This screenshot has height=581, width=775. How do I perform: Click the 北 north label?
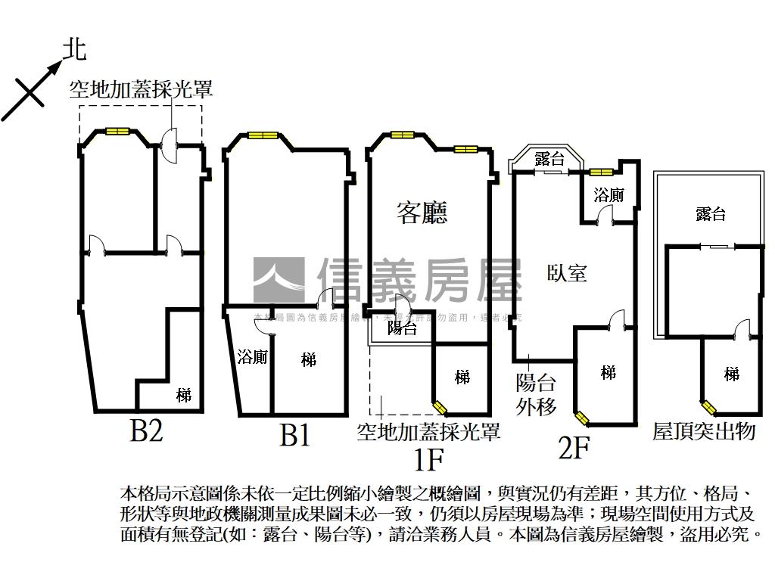click(74, 50)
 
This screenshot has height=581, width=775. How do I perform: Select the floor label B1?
click(294, 436)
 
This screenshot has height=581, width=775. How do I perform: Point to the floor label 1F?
click(428, 458)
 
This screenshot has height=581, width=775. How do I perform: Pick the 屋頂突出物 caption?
click(704, 432)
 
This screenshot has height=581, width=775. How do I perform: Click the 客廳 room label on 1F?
click(422, 213)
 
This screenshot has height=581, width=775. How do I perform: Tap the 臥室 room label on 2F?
click(567, 272)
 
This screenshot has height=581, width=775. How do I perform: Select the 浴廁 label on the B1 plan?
click(251, 357)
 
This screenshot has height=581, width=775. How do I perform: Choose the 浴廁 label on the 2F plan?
click(608, 194)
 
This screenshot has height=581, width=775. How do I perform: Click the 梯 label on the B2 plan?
click(184, 394)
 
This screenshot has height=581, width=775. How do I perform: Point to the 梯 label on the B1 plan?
click(308, 359)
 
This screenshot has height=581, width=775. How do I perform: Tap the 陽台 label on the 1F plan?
click(402, 328)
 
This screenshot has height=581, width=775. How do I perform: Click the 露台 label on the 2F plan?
click(549, 159)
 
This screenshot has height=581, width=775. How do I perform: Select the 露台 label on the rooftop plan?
click(710, 214)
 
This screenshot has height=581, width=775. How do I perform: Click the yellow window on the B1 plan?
click(260, 136)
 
